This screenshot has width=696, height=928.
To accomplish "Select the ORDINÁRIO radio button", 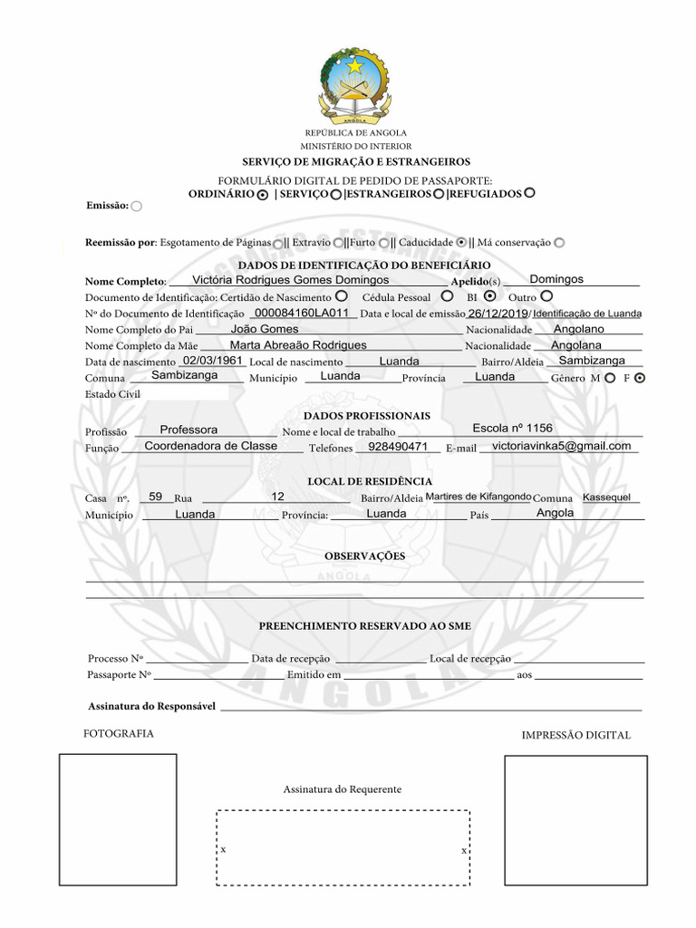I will coord(262,194).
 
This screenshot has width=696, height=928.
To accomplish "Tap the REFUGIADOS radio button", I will coord(530,192).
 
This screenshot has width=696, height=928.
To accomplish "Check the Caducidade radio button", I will coord(461,242).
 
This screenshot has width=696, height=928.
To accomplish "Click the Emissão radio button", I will coord(137,207).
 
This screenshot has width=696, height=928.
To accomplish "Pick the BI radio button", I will coord(490,295).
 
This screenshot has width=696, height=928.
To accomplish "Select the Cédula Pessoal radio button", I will coord(447,295).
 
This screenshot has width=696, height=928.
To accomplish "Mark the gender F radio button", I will coord(641,378).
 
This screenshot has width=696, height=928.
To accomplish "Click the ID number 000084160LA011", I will coord(302,313).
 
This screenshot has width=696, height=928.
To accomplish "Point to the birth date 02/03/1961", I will coord(213,360).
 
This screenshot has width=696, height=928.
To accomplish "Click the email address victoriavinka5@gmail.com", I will coord(561,446).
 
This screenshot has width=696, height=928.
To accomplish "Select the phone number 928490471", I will coord(398,447).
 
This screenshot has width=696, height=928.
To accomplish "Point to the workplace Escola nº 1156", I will coord(512,428).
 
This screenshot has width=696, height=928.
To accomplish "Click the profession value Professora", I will coord(188,430).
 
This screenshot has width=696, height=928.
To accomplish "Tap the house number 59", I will coord(156,497).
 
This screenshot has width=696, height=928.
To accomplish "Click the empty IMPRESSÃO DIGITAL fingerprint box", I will coord(575,818).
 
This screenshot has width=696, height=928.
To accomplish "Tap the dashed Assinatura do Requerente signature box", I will coord(343,847).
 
